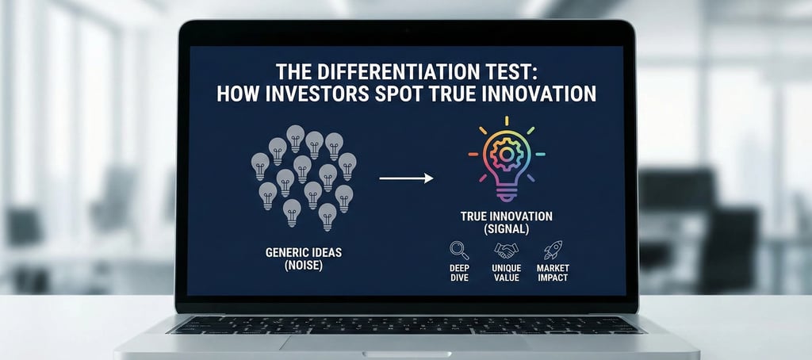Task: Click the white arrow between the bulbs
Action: [406, 178]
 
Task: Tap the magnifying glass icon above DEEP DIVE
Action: [460, 251]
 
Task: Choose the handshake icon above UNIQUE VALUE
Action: [507, 251]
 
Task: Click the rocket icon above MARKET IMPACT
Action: [553, 251]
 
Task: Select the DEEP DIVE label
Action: [460, 273]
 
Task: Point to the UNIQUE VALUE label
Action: [507, 273]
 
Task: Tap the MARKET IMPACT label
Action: [553, 273]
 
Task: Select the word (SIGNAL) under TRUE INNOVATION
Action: [507, 228]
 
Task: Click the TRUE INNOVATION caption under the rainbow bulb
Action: [507, 216]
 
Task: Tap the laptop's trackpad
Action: [405, 343]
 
